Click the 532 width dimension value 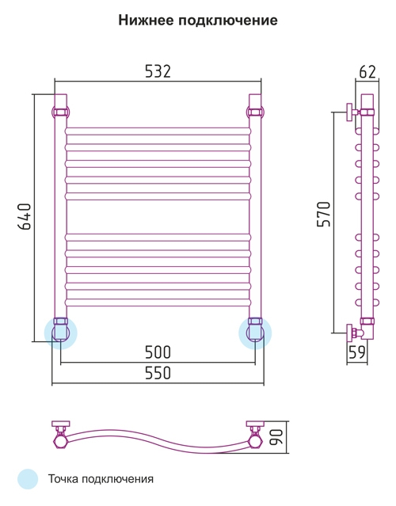tap(158, 71)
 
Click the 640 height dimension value tap(25, 216)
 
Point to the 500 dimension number tap(158, 352)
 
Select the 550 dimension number tap(158, 373)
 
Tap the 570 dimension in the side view tap(324, 214)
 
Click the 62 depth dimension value tap(367, 71)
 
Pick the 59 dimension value tap(357, 352)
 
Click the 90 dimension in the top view tap(276, 436)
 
